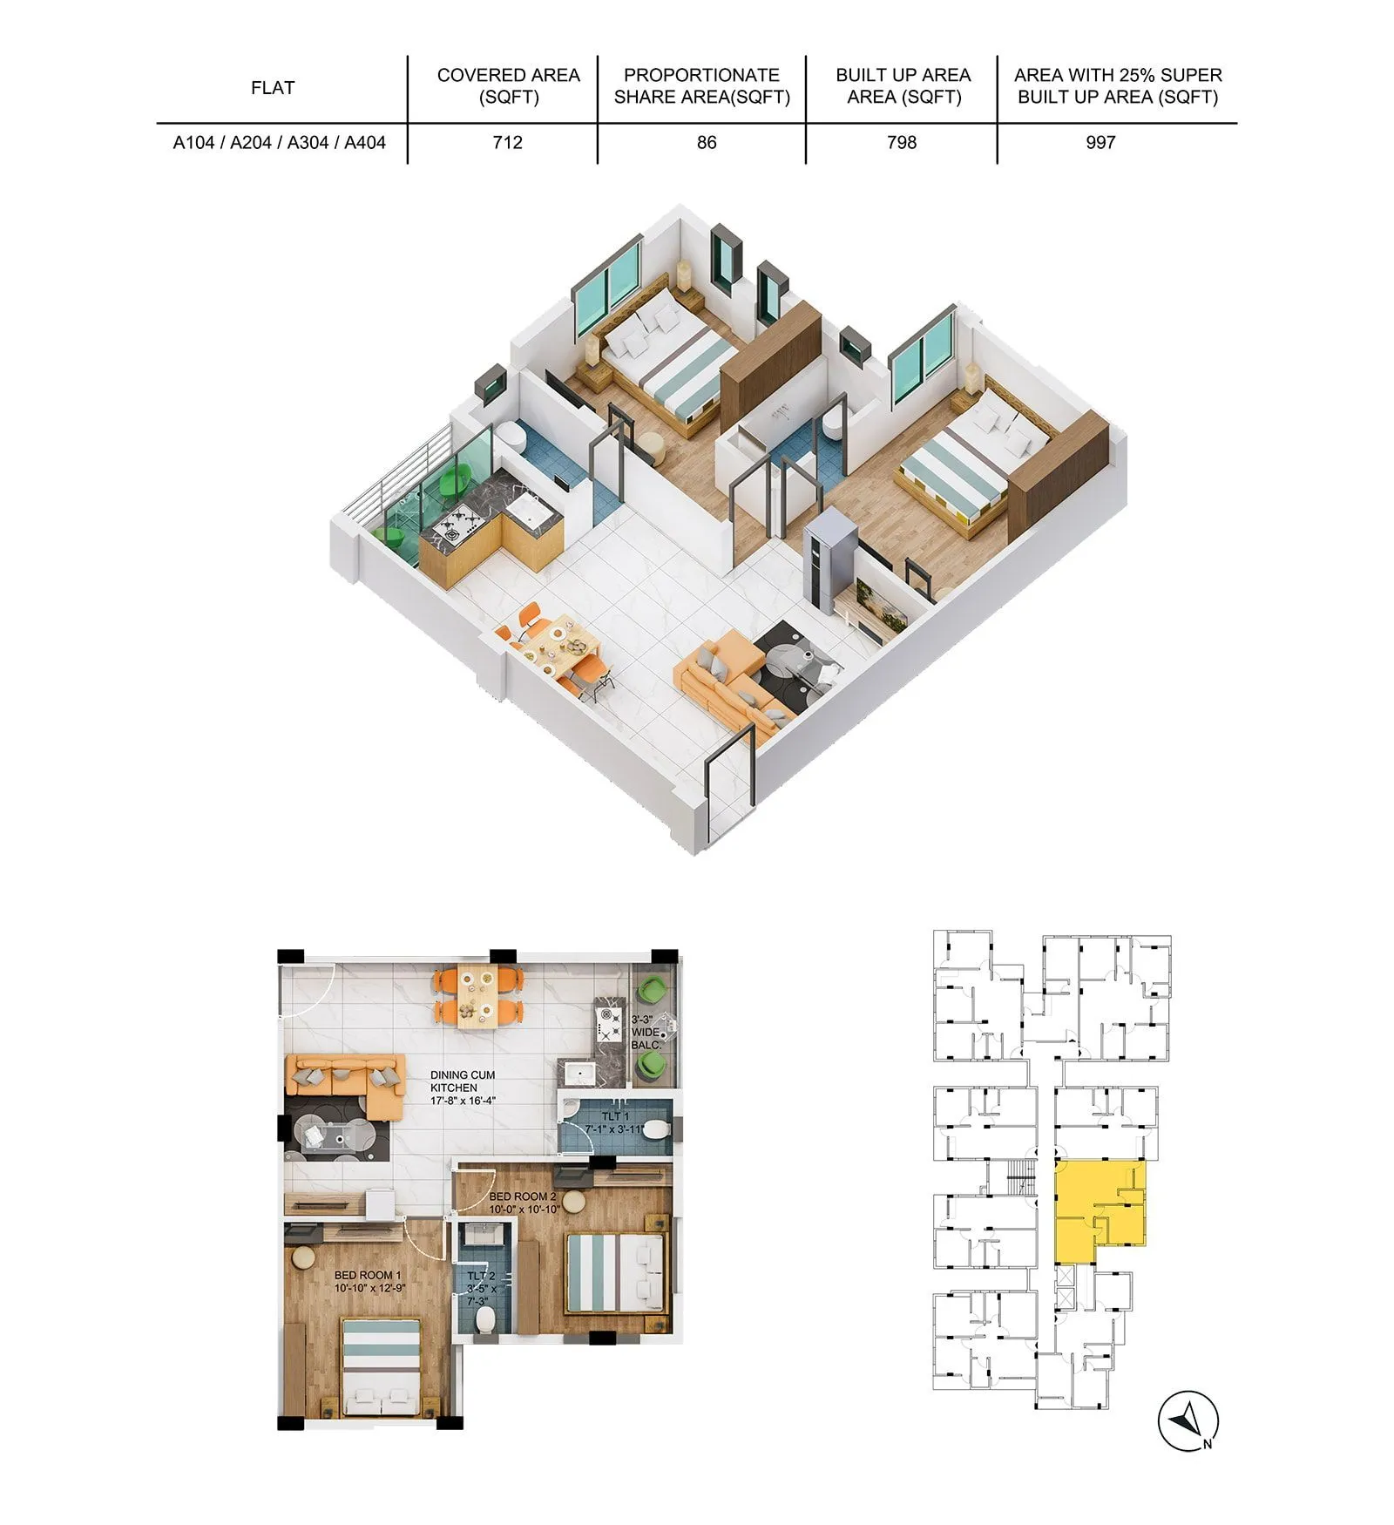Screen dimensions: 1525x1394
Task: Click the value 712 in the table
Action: tap(507, 142)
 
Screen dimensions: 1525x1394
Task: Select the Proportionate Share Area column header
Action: tap(701, 86)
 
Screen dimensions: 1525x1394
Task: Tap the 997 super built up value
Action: tap(1100, 142)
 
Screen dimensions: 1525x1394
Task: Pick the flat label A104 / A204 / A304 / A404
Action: tap(279, 142)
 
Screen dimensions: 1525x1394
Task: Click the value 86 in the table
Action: tap(707, 142)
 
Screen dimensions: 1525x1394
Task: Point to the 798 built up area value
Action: tap(902, 142)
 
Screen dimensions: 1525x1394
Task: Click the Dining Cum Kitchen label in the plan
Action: tap(463, 1088)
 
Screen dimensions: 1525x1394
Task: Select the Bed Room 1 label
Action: tap(369, 1281)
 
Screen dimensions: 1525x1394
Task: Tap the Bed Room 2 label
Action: tap(523, 1203)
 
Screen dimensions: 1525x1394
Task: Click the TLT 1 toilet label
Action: tap(615, 1122)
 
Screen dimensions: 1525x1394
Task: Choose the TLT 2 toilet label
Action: tap(481, 1288)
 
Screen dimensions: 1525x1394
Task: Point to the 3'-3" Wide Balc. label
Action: tap(646, 1032)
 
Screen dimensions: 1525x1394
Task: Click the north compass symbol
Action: tap(1188, 1422)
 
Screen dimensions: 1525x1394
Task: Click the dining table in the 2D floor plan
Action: tap(479, 995)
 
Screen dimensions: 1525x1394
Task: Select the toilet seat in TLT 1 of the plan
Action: tap(658, 1131)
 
